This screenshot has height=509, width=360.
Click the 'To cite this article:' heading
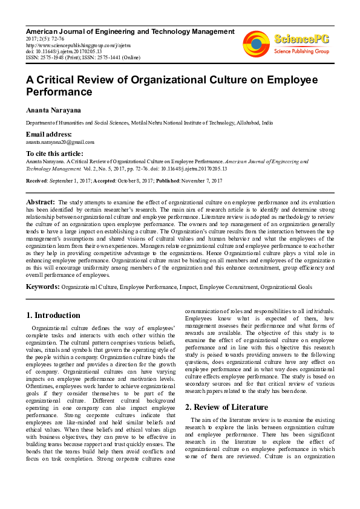pyautogui.click(x=54, y=154)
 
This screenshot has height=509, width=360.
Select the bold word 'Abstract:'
pyautogui.click(x=40, y=201)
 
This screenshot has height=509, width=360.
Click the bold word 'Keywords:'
pyautogui.click(x=42, y=287)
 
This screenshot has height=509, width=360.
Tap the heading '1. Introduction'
pyautogui.click(x=54, y=315)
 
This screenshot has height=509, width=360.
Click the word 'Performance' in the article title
pyautogui.click(x=59, y=92)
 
